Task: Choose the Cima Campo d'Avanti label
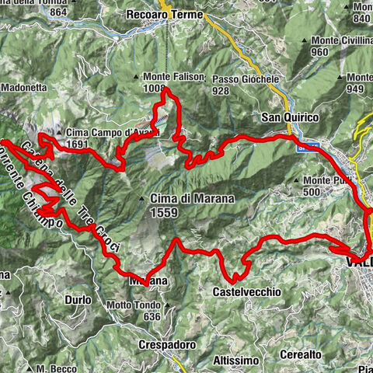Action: (x=113, y=132)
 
